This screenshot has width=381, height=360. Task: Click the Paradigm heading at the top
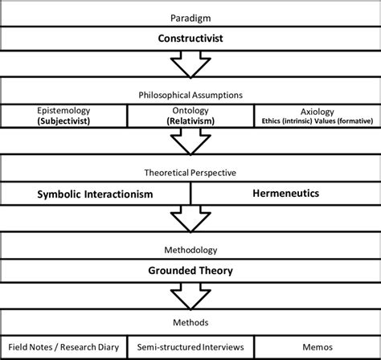190,17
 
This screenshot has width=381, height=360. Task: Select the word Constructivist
190,38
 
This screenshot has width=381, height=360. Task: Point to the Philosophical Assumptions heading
190,94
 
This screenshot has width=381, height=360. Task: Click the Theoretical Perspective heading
190,171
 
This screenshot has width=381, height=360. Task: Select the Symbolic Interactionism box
96,193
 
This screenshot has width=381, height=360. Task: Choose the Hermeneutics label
285,193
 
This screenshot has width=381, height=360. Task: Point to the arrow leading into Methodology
190,219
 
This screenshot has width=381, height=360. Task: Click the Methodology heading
190,250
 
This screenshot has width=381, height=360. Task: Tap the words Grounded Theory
190,271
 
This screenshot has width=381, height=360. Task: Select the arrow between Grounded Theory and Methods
190,297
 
